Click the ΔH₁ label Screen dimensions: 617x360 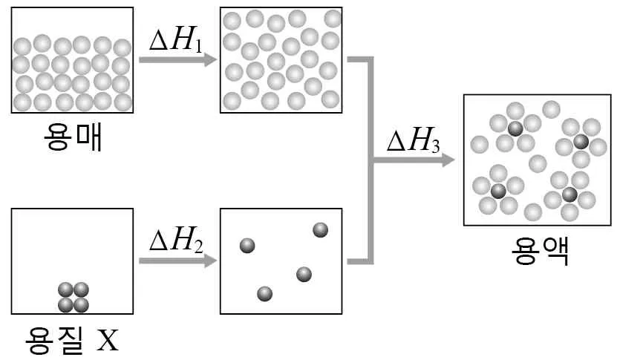click(176, 40)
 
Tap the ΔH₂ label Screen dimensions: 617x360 click(176, 240)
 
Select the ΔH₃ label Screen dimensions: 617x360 click(413, 140)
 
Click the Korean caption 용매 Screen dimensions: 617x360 click(74, 136)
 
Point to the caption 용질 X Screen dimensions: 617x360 click(71, 339)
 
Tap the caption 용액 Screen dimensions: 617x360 click(541, 251)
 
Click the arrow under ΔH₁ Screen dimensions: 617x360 click(178, 60)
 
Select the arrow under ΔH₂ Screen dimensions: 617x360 click(178, 261)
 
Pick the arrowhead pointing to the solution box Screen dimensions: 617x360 click(448, 160)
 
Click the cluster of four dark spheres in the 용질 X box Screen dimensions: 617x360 click(74, 298)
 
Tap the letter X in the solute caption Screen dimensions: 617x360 click(108, 340)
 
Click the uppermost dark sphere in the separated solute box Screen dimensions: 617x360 click(320, 230)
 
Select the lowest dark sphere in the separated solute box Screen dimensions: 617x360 click(264, 293)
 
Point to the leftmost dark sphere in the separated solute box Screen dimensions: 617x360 click(247, 246)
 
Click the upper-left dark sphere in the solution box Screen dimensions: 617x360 click(515, 128)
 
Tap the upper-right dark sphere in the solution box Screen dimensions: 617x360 click(581, 142)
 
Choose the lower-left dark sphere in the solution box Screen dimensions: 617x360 click(498, 192)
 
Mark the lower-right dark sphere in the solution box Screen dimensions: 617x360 click(569, 194)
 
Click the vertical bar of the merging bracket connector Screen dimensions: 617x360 click(370, 160)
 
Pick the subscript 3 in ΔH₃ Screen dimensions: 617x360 click(435, 146)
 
